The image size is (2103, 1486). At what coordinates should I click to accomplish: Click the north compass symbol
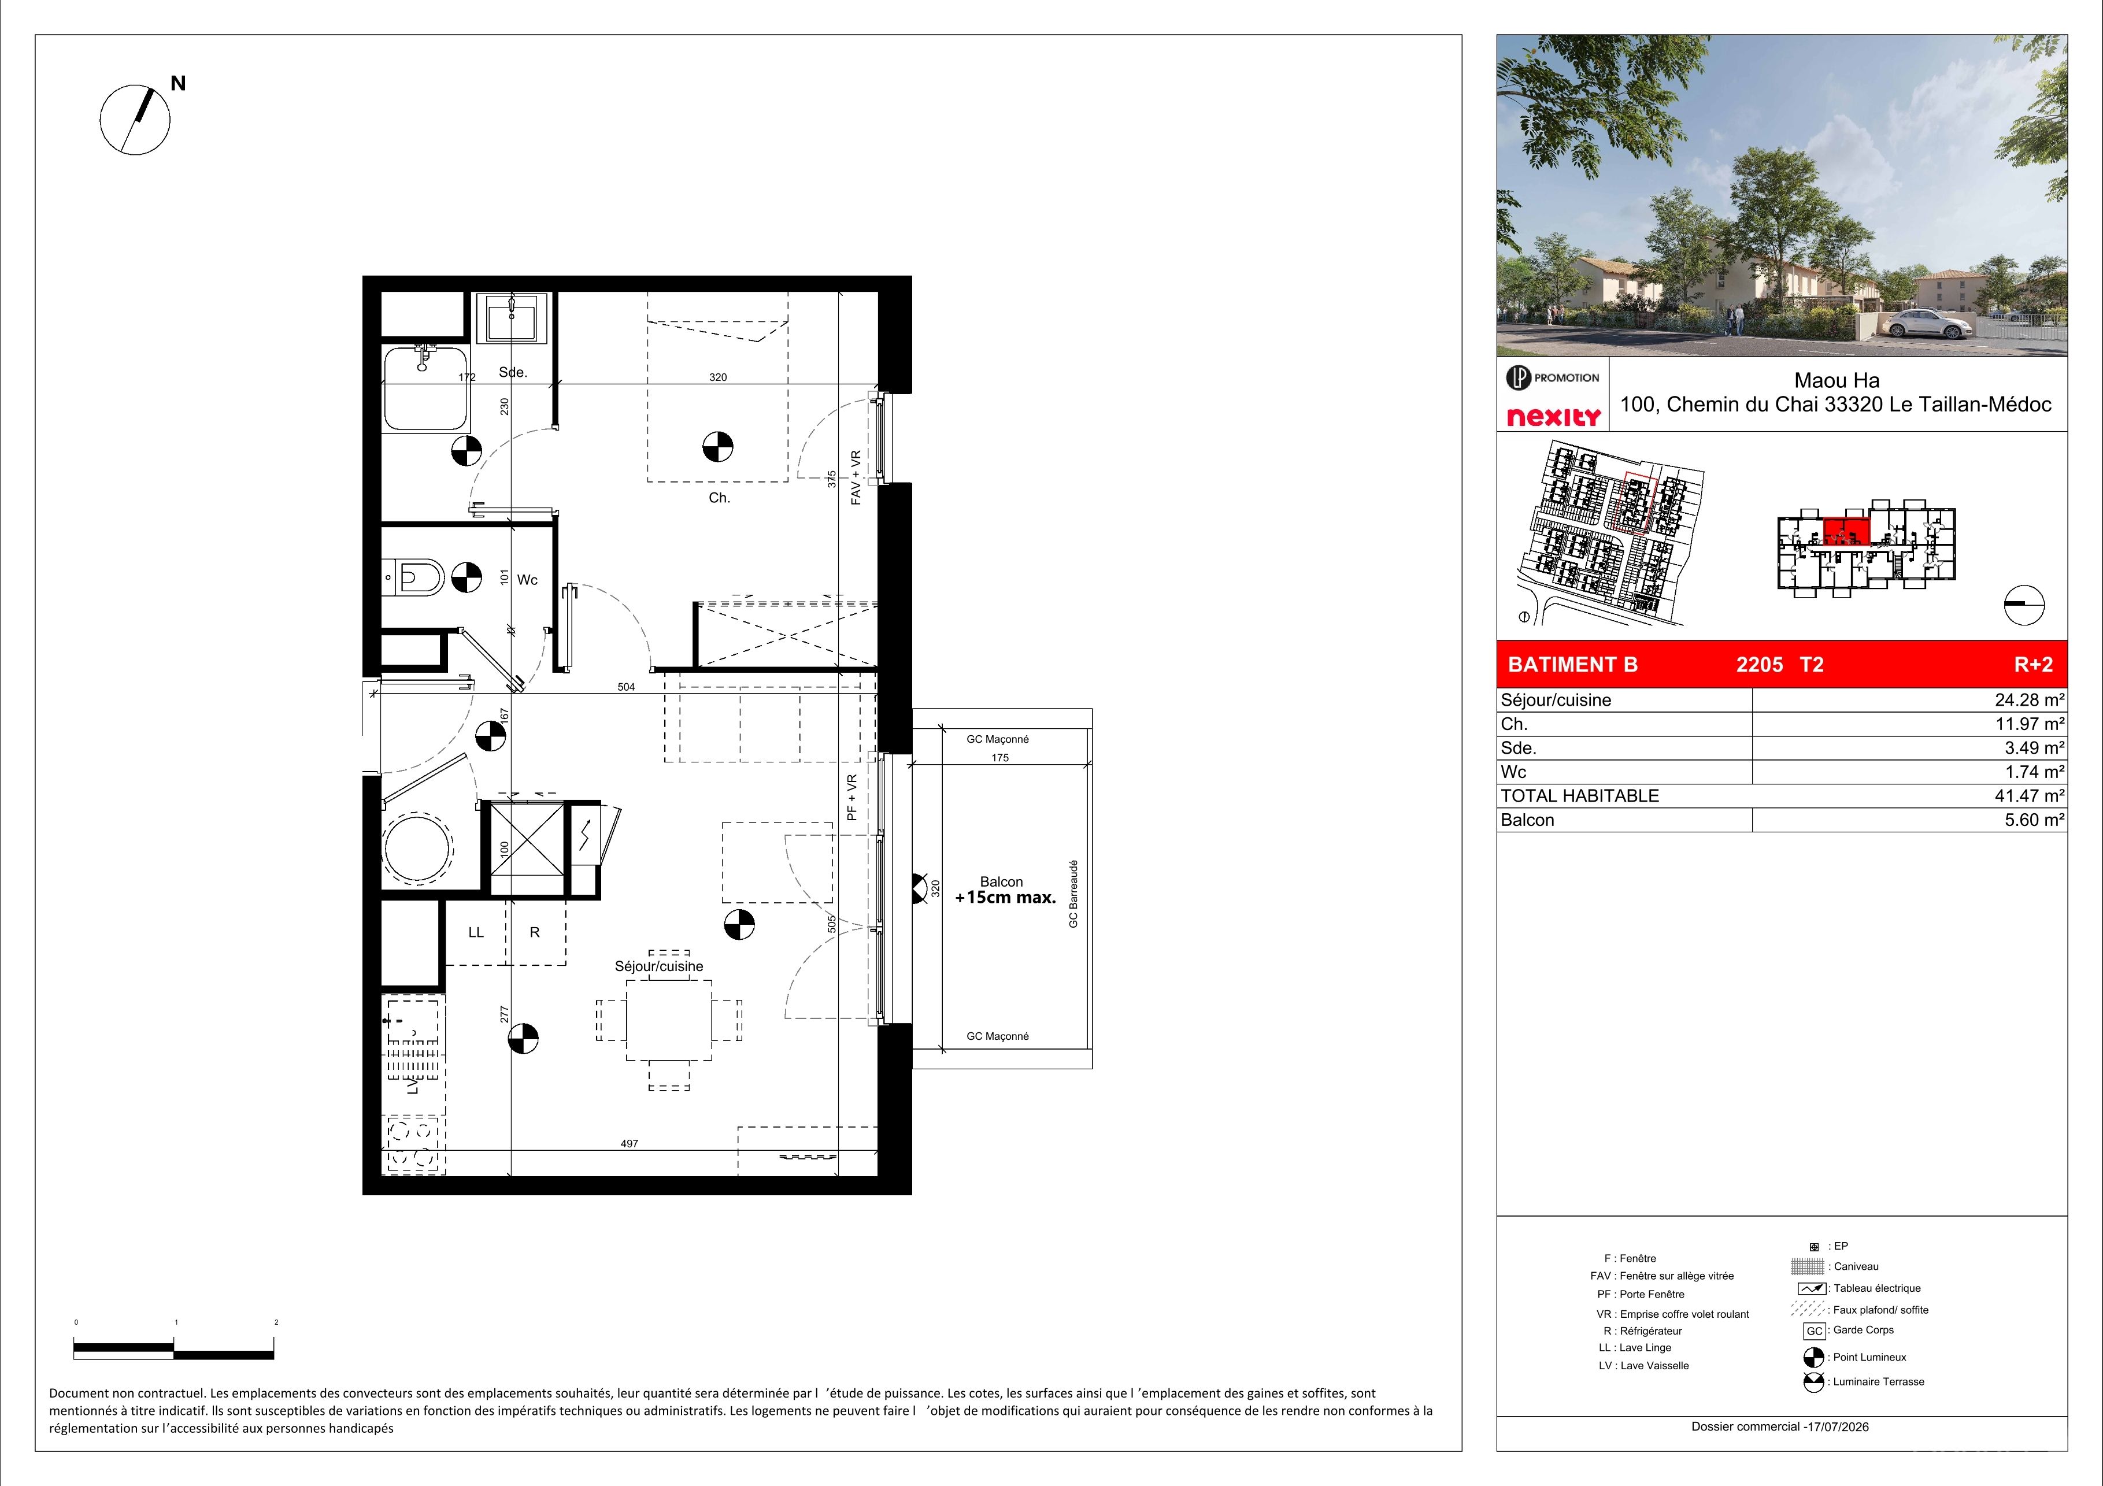(136, 119)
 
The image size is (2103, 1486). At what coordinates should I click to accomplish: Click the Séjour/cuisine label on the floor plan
(658, 966)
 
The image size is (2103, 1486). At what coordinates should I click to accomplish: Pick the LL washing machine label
(475, 932)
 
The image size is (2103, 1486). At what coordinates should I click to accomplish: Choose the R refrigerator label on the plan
(535, 932)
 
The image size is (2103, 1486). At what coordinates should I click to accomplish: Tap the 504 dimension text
(625, 687)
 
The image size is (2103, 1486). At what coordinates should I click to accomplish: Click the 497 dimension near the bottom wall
(630, 1144)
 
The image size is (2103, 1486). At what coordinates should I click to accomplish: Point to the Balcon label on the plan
(1001, 881)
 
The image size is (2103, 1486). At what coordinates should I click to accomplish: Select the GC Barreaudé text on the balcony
(1073, 894)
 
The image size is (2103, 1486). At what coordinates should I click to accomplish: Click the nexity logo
(1554, 417)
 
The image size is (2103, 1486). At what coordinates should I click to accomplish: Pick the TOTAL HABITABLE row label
(1580, 796)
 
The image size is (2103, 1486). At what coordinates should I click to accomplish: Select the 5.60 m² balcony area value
(2034, 820)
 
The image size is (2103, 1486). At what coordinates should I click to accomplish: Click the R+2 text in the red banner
(2034, 665)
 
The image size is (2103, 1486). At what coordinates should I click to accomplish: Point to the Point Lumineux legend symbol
(1813, 1357)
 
